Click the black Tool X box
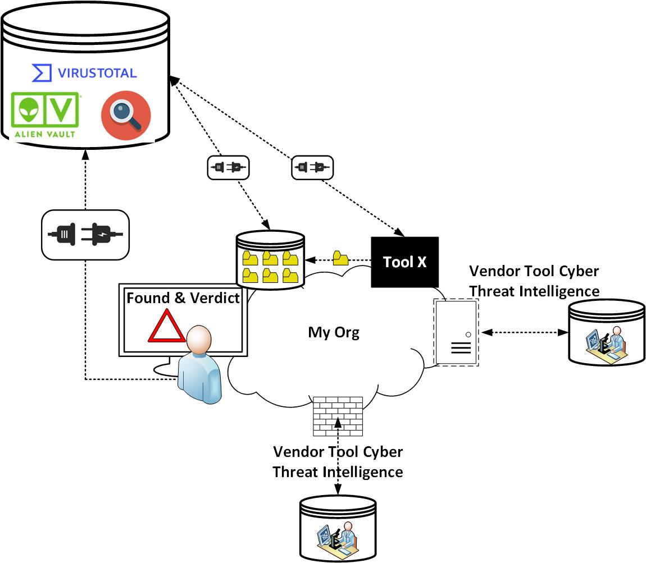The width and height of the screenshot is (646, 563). [x=404, y=262]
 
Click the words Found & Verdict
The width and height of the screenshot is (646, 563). [x=183, y=297]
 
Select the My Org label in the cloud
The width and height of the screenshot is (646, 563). [x=333, y=332]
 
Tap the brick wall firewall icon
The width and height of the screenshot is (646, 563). [x=337, y=416]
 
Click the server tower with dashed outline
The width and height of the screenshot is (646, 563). [x=456, y=332]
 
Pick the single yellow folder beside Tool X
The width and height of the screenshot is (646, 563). [x=340, y=259]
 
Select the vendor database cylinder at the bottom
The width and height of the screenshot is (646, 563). [x=337, y=528]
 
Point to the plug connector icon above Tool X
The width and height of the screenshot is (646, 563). [x=312, y=167]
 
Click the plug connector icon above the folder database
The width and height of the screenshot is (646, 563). [x=228, y=167]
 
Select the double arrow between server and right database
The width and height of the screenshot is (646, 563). [x=524, y=332]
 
